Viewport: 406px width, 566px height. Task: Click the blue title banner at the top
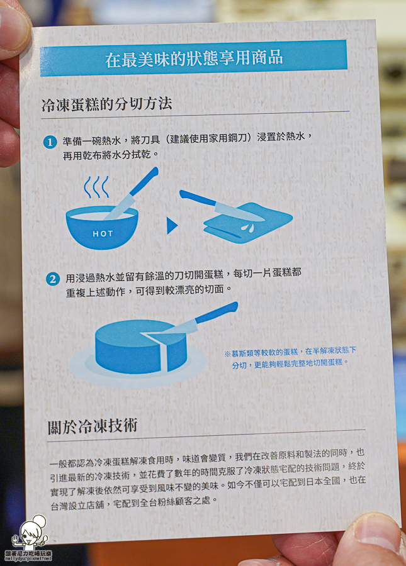click(x=194, y=58)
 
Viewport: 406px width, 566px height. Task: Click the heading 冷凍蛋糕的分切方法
click(x=106, y=104)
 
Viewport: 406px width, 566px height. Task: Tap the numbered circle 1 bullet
click(x=50, y=142)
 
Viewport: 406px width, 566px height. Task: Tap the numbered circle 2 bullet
click(x=53, y=278)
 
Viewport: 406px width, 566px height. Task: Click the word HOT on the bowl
click(x=103, y=234)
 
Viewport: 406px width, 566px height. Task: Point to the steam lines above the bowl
click(x=96, y=187)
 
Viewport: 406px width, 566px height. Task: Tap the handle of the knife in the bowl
click(x=144, y=182)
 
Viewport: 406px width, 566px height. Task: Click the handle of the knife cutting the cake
click(x=217, y=313)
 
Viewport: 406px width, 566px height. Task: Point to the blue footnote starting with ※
click(x=290, y=357)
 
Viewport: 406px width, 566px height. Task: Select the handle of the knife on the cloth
click(x=198, y=199)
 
